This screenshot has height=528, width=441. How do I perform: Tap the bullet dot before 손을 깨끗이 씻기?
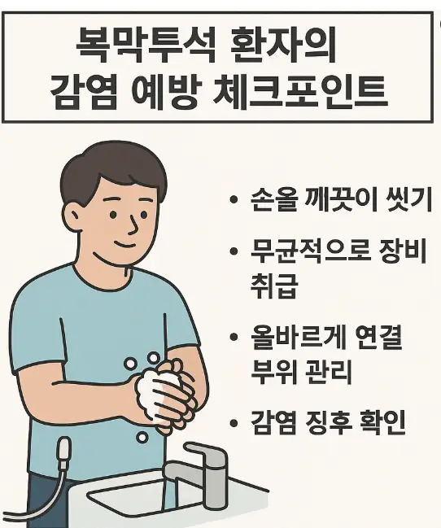click(234, 201)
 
